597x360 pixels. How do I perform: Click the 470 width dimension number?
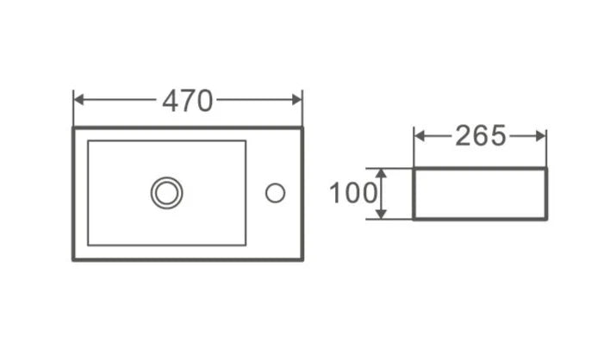(188, 101)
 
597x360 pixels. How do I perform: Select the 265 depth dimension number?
(481, 136)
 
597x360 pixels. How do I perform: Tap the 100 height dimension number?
(353, 193)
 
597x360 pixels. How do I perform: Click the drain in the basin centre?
(166, 193)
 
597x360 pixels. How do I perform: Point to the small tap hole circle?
(275, 193)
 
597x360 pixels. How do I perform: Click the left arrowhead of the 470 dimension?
(78, 99)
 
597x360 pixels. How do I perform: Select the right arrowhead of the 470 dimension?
(297, 99)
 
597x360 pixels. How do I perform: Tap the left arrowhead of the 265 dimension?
(419, 135)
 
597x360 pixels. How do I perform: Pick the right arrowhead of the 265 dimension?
(541, 135)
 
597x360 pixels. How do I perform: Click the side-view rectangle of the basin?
(480, 194)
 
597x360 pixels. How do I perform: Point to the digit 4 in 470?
(170, 101)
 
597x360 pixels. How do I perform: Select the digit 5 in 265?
(498, 136)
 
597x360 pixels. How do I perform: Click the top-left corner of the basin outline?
(73, 128)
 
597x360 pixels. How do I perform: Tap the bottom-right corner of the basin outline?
(302, 259)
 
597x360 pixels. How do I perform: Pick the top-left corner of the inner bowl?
(88, 141)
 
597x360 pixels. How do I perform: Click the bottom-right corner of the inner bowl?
(246, 245)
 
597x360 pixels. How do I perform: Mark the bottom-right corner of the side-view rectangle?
(546, 219)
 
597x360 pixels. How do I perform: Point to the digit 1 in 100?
(335, 193)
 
